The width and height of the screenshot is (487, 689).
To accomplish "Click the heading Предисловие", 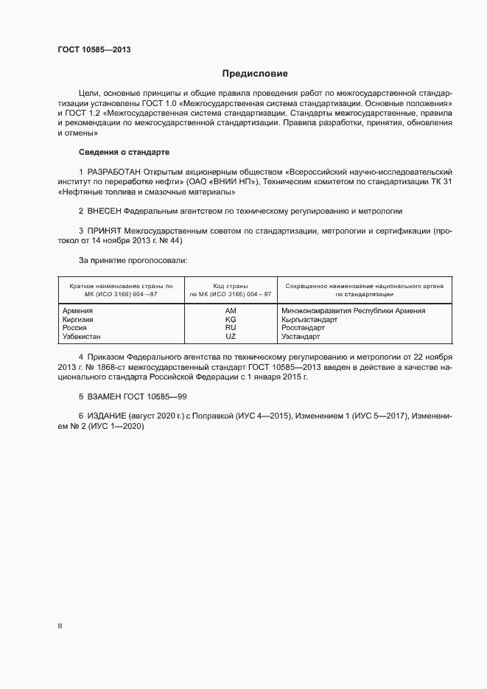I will click(255, 74).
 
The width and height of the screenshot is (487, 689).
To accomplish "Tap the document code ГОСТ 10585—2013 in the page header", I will click(94, 49).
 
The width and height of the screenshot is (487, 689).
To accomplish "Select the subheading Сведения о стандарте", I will click(124, 152).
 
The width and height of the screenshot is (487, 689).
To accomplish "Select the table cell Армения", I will click(78, 311).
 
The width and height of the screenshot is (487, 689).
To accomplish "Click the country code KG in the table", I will click(231, 320).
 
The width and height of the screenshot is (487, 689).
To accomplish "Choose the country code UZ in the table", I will click(231, 337).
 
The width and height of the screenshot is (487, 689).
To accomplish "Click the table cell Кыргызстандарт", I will click(309, 320).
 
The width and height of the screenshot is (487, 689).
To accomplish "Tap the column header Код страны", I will click(231, 285).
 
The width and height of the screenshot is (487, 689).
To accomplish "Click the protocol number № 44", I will click(172, 240).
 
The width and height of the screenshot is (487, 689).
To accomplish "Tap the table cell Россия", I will click(75, 328).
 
